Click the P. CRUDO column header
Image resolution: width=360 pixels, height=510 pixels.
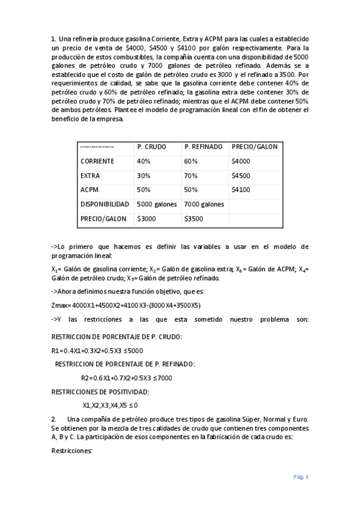[151, 147]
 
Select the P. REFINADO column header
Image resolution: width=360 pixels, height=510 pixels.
[203, 147]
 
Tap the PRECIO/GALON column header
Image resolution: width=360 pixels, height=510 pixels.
[254, 147]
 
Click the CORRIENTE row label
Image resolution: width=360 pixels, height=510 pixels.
[98, 161]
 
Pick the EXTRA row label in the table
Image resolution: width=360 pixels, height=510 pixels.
[90, 176]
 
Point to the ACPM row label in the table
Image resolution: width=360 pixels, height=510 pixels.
[90, 190]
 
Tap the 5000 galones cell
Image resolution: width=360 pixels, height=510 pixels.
[157, 204]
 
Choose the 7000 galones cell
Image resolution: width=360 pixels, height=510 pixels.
[204, 204]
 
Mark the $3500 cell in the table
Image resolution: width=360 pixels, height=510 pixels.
[194, 219]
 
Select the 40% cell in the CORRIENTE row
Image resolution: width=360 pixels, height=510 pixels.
[144, 161]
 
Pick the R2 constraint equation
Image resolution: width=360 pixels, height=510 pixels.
[126, 378]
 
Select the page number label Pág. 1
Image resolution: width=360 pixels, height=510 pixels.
[301, 477]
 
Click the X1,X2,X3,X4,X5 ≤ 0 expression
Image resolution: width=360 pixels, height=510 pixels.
[114, 405]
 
